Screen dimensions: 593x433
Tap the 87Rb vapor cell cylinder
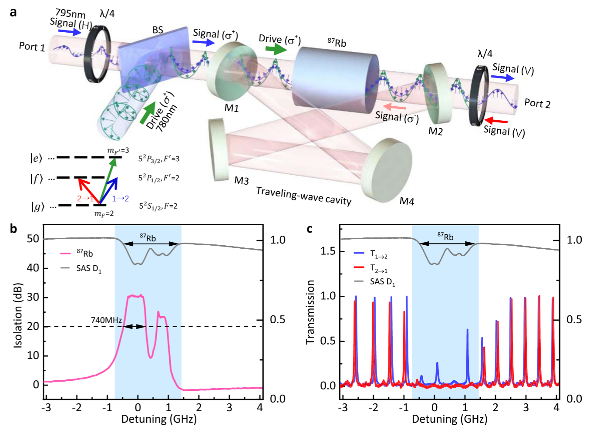335,79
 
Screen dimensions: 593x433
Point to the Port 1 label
32,47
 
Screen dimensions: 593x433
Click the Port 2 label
538,103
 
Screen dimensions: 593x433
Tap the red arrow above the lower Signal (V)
496,121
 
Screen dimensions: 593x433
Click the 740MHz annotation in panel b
106,320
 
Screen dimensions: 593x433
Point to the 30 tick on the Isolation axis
34,297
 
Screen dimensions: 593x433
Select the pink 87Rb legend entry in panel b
77,254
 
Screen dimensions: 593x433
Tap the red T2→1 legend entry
371,268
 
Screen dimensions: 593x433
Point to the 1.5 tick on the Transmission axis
327,251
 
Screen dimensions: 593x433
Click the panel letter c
310,229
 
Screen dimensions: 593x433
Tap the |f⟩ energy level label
36,179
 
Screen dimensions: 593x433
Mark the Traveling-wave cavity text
303,196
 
